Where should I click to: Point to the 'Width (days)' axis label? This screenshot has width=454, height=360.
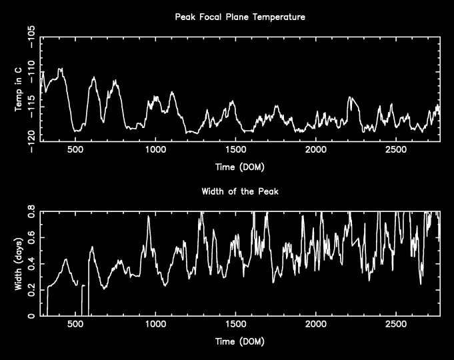pos(19,263)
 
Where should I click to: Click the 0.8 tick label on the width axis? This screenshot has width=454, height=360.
pos(30,213)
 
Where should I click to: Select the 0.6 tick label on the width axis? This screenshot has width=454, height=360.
pos(30,238)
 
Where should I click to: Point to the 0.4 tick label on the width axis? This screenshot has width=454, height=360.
pos(30,264)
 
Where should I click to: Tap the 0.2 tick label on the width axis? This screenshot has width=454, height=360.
pos(30,290)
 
